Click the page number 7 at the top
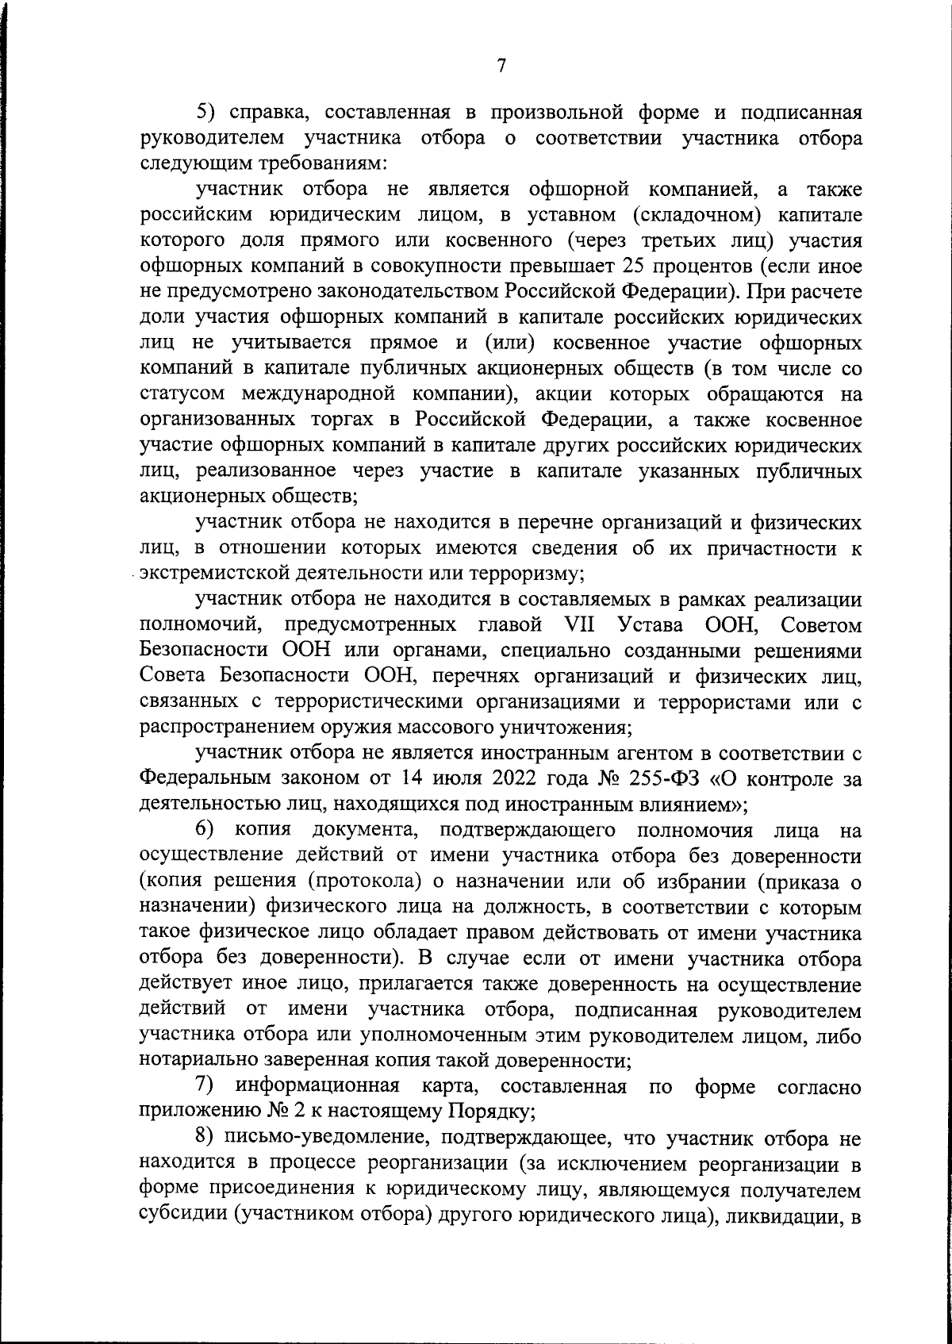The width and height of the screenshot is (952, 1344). (501, 67)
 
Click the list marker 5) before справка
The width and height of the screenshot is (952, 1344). (207, 113)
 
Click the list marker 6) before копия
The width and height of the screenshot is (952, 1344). (207, 831)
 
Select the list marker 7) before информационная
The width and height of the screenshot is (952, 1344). (207, 1086)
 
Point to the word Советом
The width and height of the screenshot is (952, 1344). (820, 625)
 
